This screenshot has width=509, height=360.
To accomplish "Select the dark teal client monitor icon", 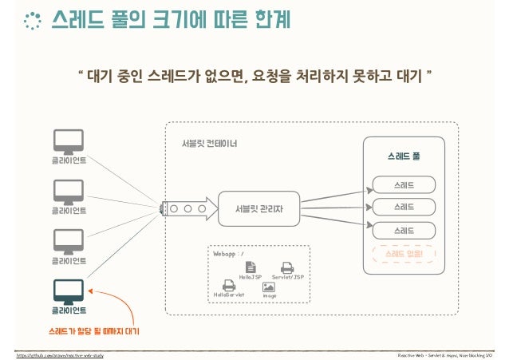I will [69, 290].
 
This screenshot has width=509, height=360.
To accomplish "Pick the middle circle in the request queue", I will [187, 209].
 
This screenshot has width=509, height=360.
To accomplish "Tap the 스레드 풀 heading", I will [404, 156].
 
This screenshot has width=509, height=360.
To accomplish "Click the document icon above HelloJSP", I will [251, 266].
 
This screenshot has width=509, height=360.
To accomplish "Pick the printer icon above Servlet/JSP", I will [287, 267].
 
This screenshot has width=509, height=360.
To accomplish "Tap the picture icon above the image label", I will [269, 286].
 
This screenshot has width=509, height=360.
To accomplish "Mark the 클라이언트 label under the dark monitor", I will [69, 310].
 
